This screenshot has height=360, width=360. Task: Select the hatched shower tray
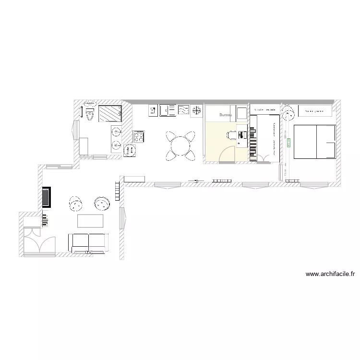[110, 114]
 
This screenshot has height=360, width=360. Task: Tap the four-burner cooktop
[139, 137]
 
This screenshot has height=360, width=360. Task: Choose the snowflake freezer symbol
[196, 111]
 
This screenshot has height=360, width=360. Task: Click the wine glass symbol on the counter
[153, 111]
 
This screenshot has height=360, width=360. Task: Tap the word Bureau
[226, 115]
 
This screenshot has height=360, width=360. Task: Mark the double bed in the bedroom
[314, 141]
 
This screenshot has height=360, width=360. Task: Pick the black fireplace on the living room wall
[47, 197]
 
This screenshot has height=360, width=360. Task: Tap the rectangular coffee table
[91, 221]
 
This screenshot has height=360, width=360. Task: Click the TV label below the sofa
[89, 252]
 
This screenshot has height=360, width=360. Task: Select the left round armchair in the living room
[76, 204]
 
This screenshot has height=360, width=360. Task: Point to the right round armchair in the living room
[102, 204]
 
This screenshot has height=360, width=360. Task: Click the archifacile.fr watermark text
[330, 275]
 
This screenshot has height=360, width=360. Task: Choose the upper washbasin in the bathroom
[116, 132]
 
